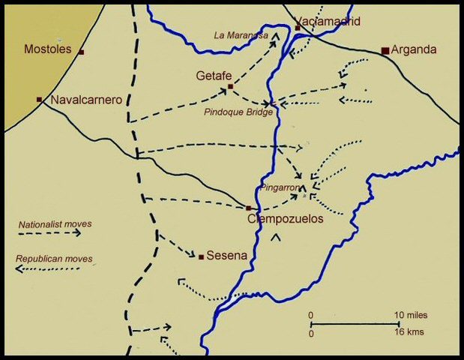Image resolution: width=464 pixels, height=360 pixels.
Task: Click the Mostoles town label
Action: (x=48, y=49)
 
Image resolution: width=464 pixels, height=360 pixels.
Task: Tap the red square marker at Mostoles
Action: (x=81, y=52)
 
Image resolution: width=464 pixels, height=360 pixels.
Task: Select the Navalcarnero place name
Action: (x=86, y=99)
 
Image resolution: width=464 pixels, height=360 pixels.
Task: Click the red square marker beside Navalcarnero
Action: (x=39, y=99)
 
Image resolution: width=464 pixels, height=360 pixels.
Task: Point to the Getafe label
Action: (x=213, y=76)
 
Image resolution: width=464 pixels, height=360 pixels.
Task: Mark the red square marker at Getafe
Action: (x=230, y=87)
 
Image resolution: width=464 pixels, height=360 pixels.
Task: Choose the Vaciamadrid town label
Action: (x=328, y=21)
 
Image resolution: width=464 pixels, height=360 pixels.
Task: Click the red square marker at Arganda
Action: (x=385, y=51)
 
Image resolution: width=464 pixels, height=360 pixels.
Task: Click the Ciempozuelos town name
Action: (x=285, y=220)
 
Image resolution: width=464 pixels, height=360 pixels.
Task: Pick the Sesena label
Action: (x=226, y=256)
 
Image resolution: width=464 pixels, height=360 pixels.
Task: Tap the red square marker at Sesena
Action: (x=201, y=257)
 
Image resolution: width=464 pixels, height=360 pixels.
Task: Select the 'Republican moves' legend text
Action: (x=54, y=259)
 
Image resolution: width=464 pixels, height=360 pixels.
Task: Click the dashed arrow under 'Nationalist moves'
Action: (x=49, y=233)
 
